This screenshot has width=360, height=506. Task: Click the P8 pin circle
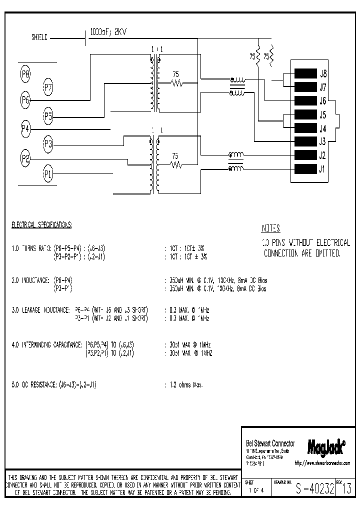[25, 74]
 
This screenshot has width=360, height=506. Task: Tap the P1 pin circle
[48, 174]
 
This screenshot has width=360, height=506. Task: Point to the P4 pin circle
[25, 129]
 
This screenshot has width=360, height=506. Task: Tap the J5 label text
[323, 114]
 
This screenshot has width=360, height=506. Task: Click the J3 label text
[323, 141]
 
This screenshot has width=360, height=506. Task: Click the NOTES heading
[271, 228]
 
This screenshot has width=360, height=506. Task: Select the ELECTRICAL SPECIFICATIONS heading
[41, 225]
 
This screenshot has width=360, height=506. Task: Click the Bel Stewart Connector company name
[270, 443]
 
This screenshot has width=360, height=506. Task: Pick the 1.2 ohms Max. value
[185, 385]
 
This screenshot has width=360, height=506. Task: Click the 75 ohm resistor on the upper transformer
[175, 82]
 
